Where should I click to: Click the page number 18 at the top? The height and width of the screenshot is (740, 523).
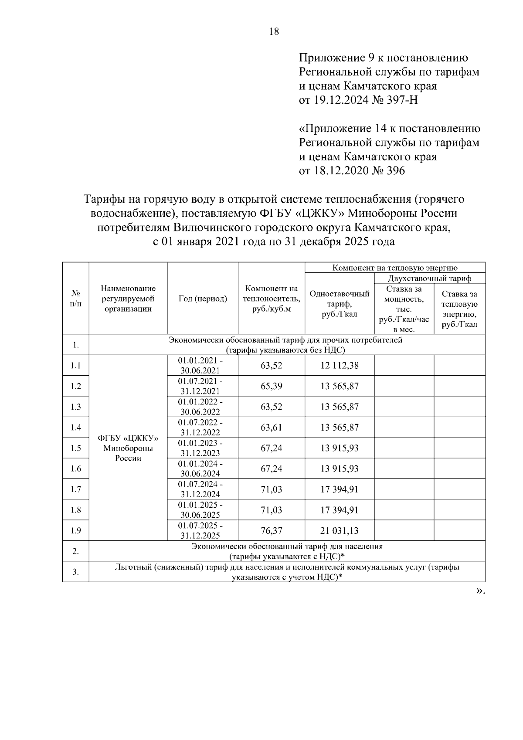coord(274,31)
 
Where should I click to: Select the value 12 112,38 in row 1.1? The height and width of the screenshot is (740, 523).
coord(340,366)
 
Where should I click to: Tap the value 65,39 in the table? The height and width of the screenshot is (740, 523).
coord(272,386)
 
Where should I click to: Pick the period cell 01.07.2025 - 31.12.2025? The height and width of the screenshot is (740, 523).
coord(200,530)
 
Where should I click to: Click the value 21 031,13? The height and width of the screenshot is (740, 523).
coord(340,531)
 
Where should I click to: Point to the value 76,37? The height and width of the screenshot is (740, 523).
coord(272,531)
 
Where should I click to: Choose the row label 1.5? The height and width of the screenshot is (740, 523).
coord(76,448)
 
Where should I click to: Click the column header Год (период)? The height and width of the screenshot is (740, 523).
coord(203,299)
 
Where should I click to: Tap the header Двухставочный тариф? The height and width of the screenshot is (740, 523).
coord(429,278)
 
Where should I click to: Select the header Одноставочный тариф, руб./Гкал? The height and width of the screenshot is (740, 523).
coord(340,304)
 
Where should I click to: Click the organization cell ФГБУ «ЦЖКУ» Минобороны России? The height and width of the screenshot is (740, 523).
coord(128,448)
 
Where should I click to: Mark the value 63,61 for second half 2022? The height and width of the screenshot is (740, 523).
coord(272,428)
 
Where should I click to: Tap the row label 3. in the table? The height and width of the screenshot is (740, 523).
coord(76,572)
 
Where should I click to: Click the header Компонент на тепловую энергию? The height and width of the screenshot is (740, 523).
coord(395,268)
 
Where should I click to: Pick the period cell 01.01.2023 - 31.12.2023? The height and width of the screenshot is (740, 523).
coord(200,448)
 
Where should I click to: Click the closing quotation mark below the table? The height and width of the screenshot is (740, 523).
coord(480,591)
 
